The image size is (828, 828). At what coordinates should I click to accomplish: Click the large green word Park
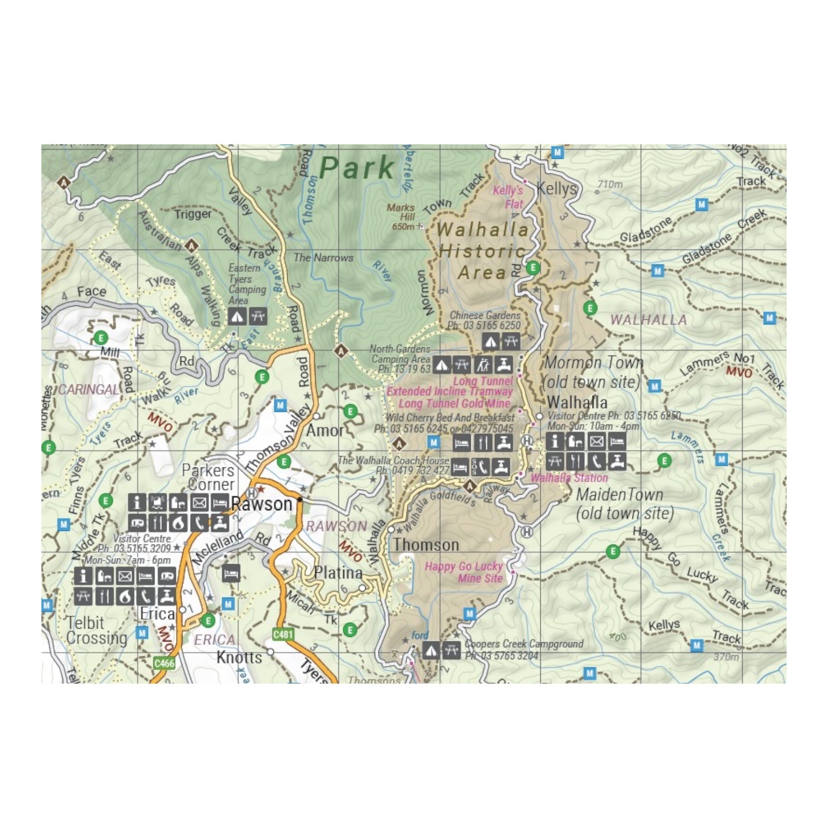[357, 168]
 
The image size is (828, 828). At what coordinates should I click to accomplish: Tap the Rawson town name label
[262, 504]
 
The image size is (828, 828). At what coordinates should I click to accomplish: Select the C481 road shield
[283, 634]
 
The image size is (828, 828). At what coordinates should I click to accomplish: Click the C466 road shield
[164, 663]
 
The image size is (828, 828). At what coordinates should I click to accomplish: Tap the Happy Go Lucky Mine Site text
[464, 572]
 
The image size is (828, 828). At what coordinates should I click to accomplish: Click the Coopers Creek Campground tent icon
[431, 650]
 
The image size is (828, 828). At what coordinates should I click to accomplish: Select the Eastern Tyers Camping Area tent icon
[237, 316]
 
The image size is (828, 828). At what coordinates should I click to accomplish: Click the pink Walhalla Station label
[569, 478]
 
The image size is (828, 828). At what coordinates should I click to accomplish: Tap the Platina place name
[338, 573]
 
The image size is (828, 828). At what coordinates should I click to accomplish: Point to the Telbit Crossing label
[96, 630]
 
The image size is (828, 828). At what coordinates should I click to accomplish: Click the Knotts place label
[239, 657]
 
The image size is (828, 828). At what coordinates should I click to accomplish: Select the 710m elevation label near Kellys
[610, 184]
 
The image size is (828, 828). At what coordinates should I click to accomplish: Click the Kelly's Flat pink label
[508, 197]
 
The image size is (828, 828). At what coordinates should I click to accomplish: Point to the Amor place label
[325, 430]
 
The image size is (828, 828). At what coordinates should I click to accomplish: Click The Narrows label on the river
[323, 257]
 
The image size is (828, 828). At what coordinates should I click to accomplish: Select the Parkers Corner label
[209, 477]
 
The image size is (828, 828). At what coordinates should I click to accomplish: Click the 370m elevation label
[726, 657]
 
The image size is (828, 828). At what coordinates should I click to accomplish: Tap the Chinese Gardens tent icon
[491, 341]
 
